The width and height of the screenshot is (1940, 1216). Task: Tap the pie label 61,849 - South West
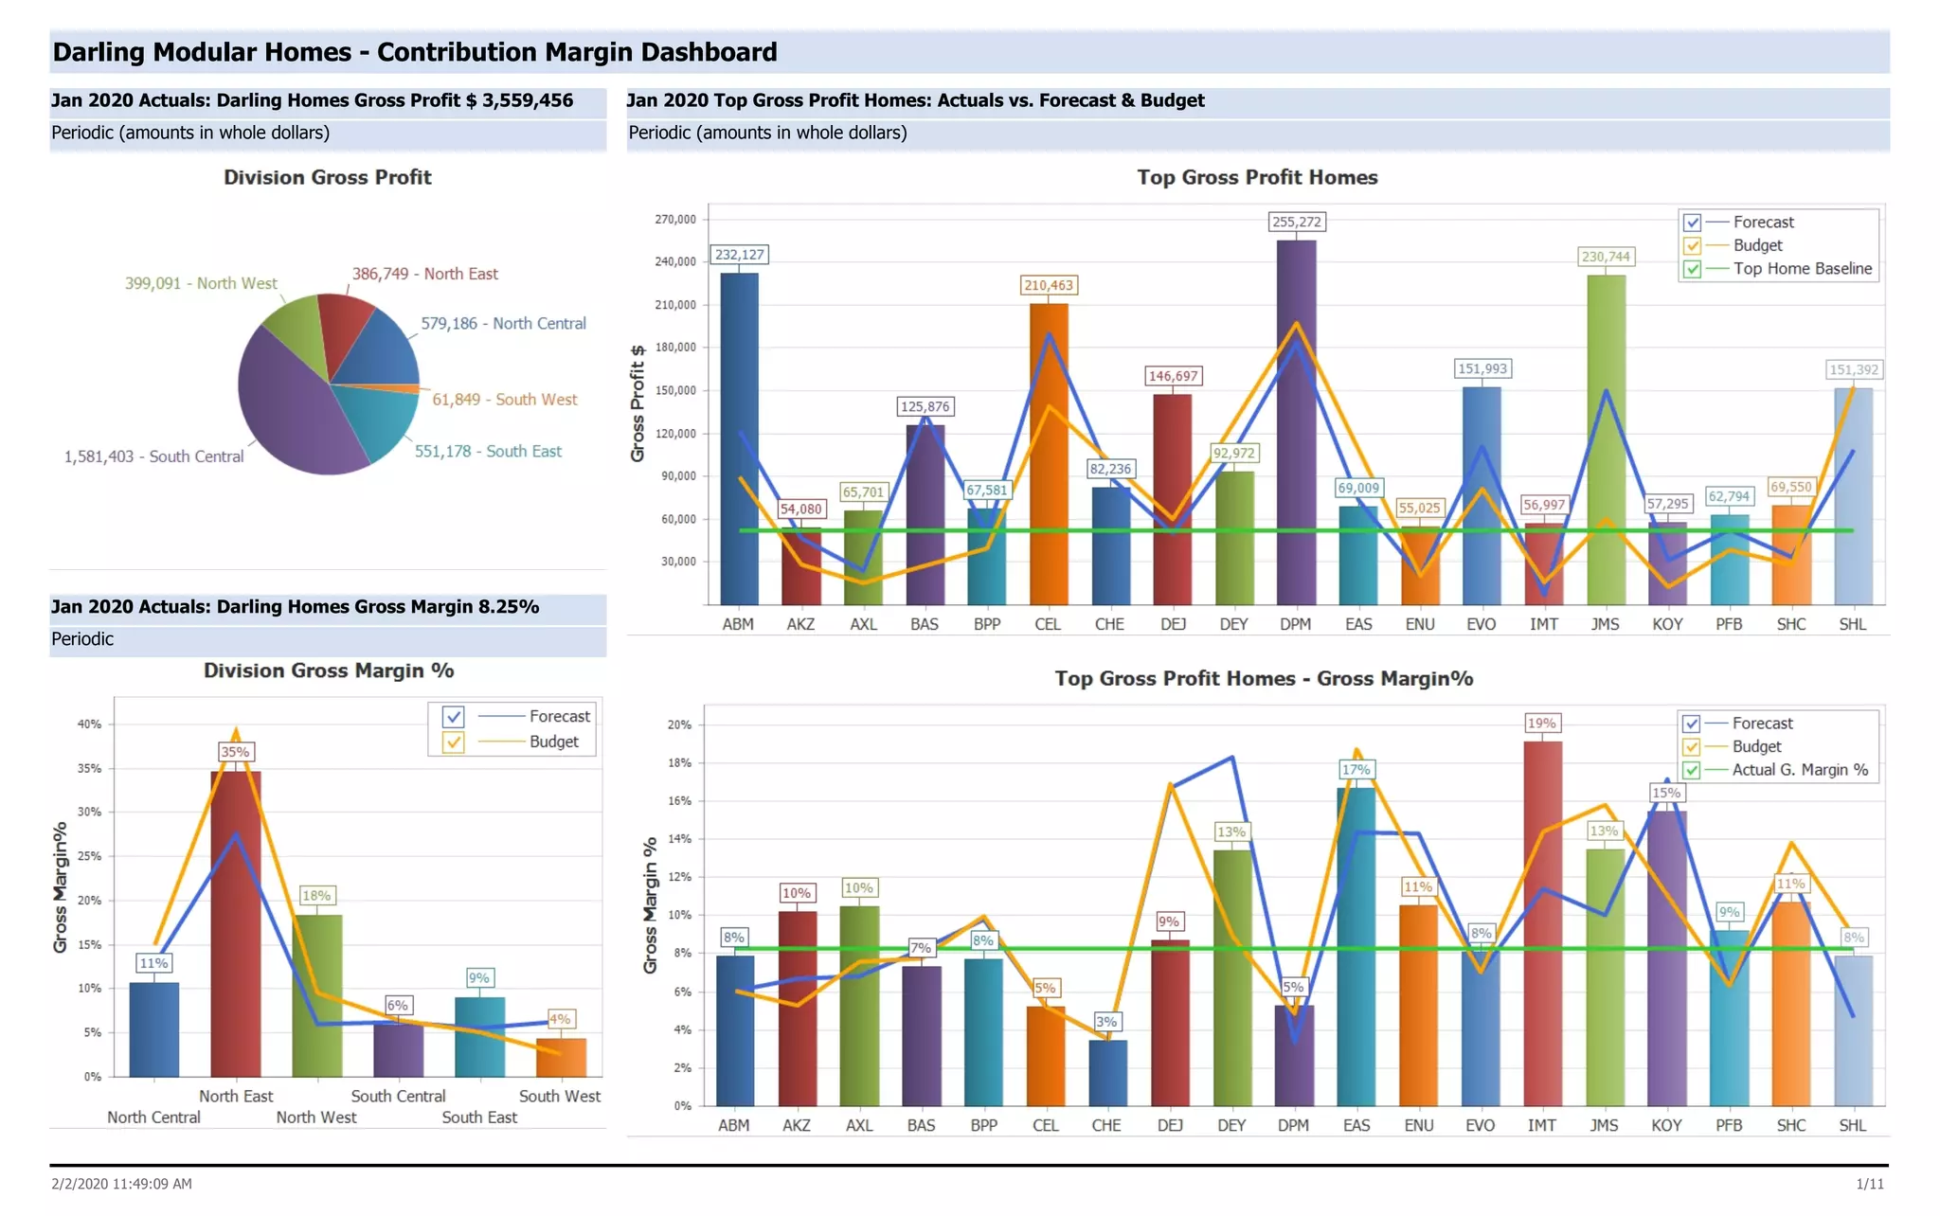coord(504,400)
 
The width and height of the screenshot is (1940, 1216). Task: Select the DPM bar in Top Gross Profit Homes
coord(1296,426)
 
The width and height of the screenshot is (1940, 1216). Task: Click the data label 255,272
coord(1296,222)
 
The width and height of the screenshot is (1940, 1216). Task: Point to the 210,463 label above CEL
coord(1049,285)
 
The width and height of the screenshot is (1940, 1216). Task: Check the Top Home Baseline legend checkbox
coord(1693,269)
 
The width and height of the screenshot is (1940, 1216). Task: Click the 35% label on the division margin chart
coord(235,752)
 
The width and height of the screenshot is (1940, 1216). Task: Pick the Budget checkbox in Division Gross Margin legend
coord(454,742)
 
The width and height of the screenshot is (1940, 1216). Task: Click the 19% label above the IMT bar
coord(1541,723)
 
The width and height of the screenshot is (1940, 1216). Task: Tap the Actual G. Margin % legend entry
coord(1799,770)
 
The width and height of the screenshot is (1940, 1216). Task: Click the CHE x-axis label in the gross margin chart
coord(1105,1125)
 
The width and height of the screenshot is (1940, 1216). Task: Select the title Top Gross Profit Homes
coord(1257,177)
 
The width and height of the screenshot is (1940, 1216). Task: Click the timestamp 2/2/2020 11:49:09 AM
coord(121,1184)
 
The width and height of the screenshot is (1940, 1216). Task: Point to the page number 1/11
coord(1870,1184)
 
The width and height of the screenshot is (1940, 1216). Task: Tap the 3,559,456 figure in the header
coord(527,100)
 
